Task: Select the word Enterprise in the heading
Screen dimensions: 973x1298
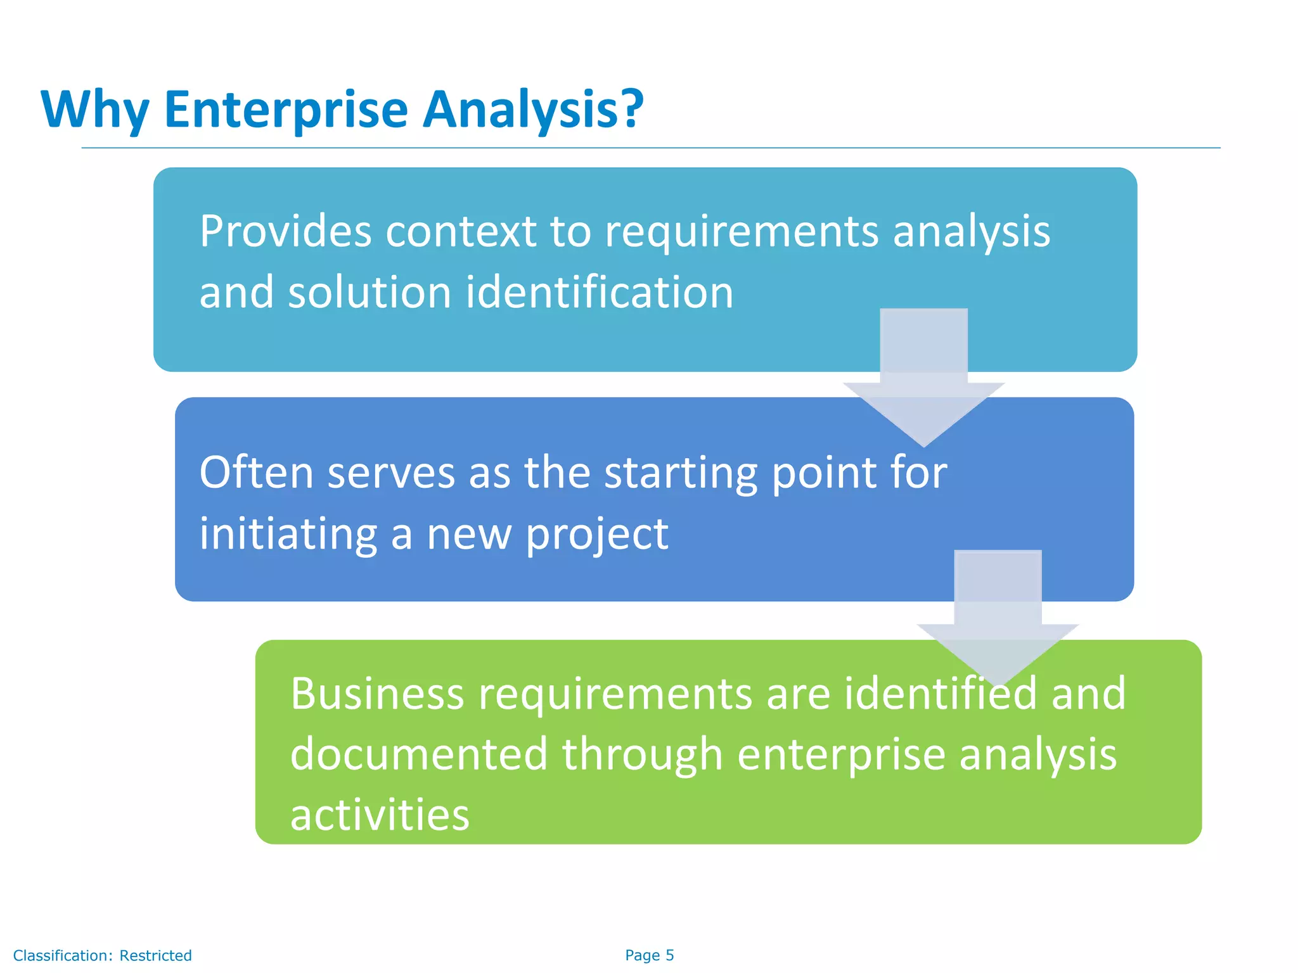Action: [x=286, y=110]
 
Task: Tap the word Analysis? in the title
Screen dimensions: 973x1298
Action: [x=533, y=110]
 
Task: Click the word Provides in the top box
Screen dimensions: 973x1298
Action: [x=285, y=231]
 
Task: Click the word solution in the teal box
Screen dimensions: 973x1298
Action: [x=369, y=293]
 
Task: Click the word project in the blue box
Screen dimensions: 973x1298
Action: [x=596, y=534]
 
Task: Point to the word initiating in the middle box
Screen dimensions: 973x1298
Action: [x=288, y=534]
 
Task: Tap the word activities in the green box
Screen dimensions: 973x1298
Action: [x=380, y=815]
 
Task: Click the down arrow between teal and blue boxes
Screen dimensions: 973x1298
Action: [x=923, y=380]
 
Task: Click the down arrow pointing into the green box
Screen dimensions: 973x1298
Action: [x=998, y=621]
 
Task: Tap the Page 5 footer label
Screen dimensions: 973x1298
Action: [x=649, y=955]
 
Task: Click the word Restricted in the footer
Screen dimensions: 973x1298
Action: [x=155, y=955]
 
